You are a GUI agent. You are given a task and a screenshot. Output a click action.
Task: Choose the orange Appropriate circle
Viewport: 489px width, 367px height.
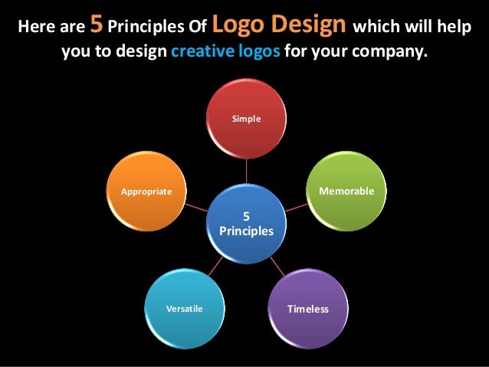coord(146,192)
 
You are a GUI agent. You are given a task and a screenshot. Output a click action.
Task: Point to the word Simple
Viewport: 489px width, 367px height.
coord(247,120)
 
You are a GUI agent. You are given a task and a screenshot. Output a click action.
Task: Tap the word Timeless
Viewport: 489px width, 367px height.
coord(307,310)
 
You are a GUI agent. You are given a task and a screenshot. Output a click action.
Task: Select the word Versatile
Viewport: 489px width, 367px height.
coord(185,310)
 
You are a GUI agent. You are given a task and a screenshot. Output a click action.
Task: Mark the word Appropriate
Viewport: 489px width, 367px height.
coord(146,191)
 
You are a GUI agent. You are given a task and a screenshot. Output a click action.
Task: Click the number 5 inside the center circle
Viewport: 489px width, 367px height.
coord(247,216)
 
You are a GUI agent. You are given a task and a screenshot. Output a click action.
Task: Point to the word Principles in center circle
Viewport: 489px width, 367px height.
coord(247,230)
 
